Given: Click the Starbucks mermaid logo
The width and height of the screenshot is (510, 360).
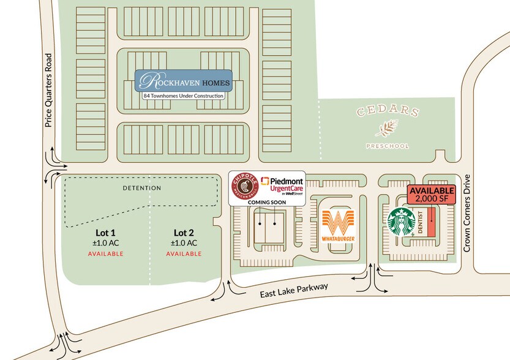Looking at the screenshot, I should tap(402, 223).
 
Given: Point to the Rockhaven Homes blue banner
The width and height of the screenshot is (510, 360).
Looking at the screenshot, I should tap(184, 81).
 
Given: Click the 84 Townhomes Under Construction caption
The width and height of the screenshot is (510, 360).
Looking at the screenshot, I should tap(184, 96).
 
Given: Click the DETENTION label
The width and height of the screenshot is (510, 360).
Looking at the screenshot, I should tap(141, 188).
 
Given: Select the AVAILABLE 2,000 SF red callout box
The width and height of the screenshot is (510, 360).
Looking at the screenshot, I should tap(430, 195).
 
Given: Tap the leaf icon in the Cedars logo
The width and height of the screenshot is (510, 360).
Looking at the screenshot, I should tap(386, 129).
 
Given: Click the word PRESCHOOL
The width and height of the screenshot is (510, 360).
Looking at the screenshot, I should tap(386, 146).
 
